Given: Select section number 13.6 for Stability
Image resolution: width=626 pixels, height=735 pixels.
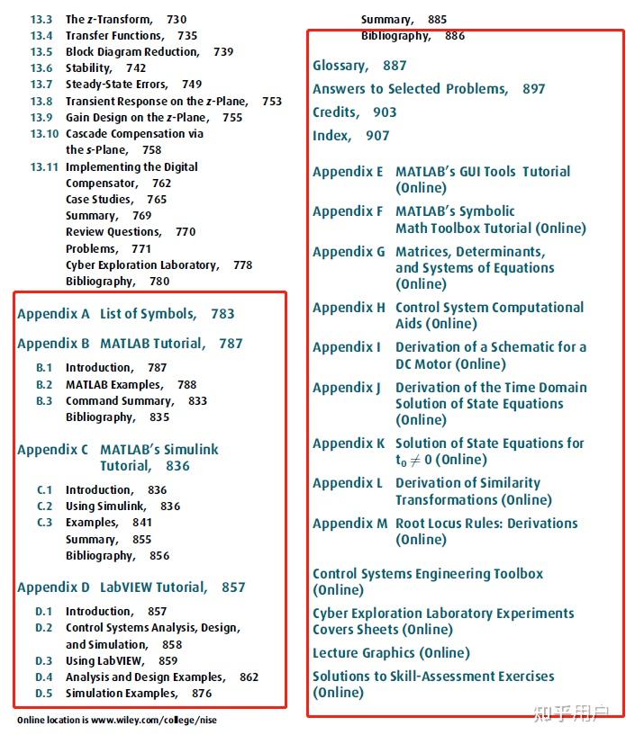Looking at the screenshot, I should [x=41, y=68].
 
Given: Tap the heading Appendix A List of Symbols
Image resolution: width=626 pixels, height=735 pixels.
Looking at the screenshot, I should [x=125, y=314].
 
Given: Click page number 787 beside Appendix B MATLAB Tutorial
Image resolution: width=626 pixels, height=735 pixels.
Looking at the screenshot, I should [x=231, y=344].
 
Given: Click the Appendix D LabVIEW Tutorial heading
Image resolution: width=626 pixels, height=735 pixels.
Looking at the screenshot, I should [x=131, y=587].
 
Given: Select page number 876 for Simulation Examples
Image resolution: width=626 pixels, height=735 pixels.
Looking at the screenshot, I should [x=202, y=694].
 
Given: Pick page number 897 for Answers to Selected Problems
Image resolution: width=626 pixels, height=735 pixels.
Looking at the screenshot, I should [x=533, y=89].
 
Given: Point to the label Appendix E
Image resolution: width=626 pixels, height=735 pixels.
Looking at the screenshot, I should [x=348, y=172].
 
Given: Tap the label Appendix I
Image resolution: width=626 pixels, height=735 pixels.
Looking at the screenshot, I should [x=346, y=347].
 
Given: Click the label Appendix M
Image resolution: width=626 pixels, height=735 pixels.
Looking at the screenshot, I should [x=349, y=524].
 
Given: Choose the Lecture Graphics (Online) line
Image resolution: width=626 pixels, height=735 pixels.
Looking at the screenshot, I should [x=391, y=653].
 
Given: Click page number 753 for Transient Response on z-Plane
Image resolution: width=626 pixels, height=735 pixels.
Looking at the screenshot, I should [x=272, y=102].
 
